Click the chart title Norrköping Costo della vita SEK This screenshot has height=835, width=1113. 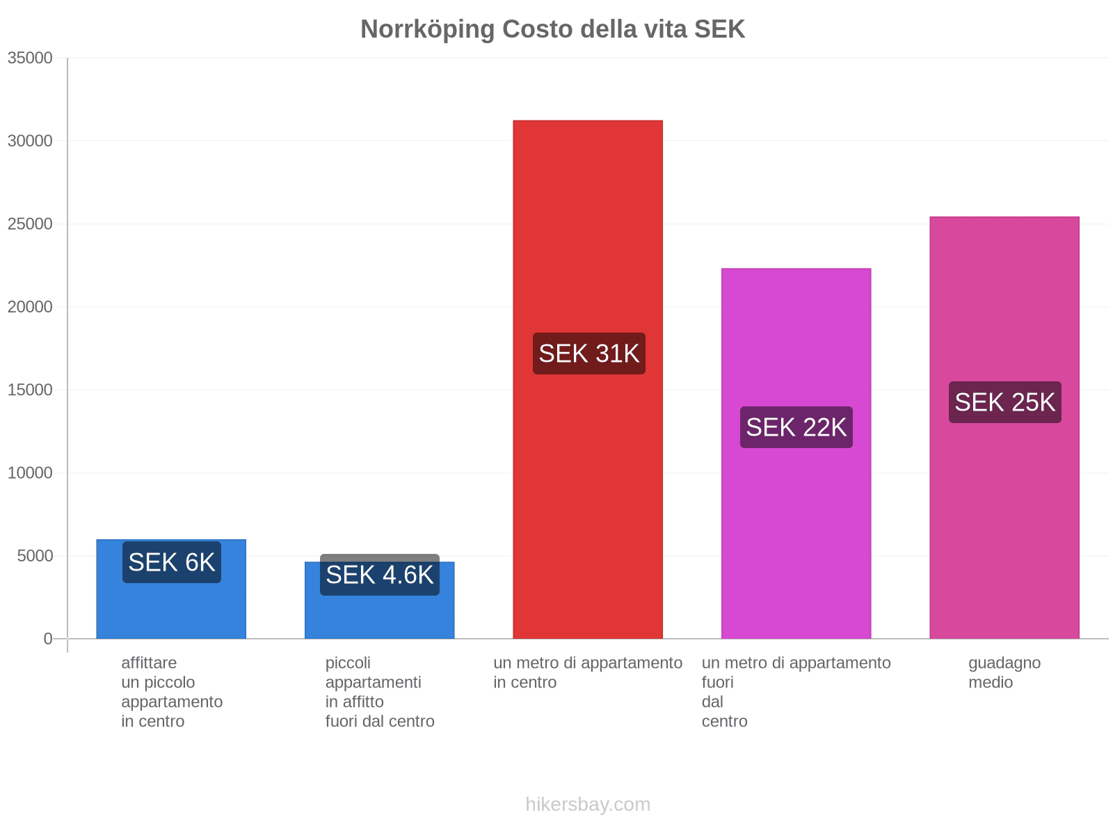[552, 29]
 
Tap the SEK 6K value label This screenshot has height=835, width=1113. [171, 562]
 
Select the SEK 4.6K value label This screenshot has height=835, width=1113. [379, 575]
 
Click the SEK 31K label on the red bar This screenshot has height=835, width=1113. [588, 353]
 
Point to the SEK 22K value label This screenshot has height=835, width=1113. [796, 427]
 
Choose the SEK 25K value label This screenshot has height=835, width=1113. [1004, 402]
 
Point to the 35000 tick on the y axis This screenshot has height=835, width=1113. [30, 58]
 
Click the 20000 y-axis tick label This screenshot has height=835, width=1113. [30, 307]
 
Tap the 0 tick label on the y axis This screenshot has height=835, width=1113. [48, 639]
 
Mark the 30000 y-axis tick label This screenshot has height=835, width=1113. [30, 141]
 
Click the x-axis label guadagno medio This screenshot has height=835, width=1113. [1004, 672]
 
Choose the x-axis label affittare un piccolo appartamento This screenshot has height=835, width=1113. [171, 692]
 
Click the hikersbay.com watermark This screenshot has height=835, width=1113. [588, 804]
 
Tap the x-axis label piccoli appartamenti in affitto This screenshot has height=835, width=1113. [379, 692]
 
